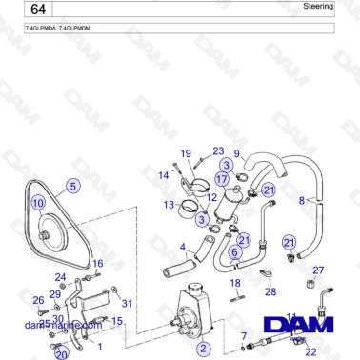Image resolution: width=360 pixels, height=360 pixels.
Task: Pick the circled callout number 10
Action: [x=38, y=203]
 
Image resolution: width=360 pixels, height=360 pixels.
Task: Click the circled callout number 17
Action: [x=221, y=179]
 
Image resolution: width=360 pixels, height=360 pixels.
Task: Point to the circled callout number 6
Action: [x=234, y=251]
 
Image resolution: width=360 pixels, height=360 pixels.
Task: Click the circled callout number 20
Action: [x=62, y=354]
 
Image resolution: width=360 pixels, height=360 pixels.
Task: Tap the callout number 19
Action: [x=186, y=154]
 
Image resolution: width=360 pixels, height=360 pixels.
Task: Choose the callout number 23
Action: [x=218, y=151]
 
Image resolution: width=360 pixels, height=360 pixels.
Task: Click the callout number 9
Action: [x=237, y=153]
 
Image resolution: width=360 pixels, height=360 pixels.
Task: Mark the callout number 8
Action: [x=302, y=200]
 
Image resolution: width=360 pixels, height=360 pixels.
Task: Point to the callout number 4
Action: [x=183, y=248]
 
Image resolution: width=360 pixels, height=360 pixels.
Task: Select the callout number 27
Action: [x=318, y=270]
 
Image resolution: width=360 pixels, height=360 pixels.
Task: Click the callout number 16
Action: [x=97, y=263]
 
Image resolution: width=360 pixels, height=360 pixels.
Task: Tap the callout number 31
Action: [x=127, y=303]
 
